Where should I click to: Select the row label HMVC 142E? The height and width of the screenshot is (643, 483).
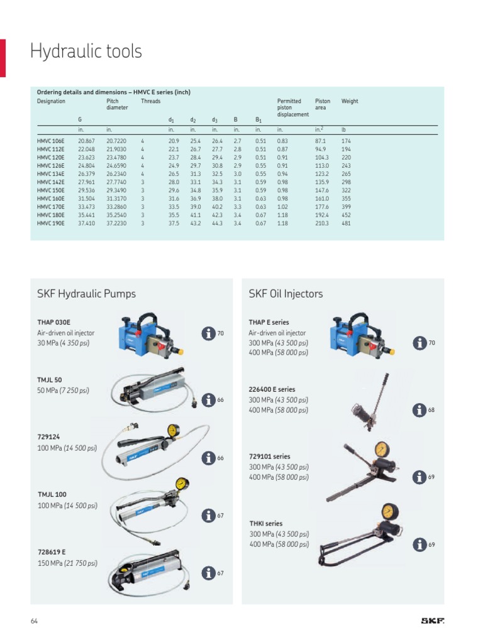[50, 182]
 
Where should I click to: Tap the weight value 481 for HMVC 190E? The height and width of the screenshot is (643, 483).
[346, 223]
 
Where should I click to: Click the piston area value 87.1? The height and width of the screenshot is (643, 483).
[321, 141]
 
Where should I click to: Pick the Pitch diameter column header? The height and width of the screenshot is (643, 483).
[117, 104]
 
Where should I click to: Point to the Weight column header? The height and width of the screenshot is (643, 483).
[350, 101]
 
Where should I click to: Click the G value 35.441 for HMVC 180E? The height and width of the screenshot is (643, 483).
[86, 215]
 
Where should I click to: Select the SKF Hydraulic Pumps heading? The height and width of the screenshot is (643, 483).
[86, 294]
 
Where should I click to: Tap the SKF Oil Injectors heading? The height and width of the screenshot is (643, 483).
[286, 294]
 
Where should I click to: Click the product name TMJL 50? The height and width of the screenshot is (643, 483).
[50, 380]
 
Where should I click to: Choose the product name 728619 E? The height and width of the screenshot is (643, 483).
[52, 553]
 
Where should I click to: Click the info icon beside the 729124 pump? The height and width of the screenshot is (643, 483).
[208, 458]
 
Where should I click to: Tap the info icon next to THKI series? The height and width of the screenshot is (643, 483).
[419, 544]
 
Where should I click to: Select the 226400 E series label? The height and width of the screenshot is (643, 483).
[272, 389]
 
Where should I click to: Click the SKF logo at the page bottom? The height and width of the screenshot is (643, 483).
[433, 621]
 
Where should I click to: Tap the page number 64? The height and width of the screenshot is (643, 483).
[34, 621]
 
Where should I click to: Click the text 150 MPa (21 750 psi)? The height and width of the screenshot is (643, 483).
[67, 563]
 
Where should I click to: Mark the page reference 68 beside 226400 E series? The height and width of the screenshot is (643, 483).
[431, 410]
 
